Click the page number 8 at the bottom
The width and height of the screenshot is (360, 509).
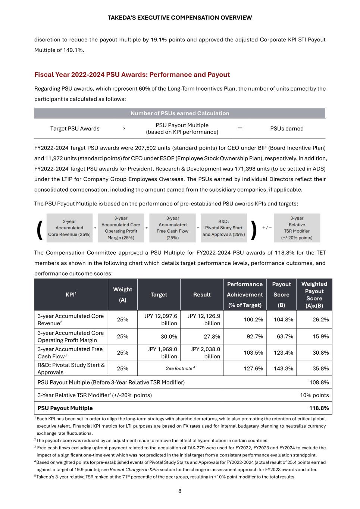pos(180,491)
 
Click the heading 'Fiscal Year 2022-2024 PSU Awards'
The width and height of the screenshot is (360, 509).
pos(132,75)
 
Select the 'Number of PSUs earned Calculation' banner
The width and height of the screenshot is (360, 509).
pos(180,113)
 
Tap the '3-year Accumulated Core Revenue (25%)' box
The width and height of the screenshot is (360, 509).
pos(69,228)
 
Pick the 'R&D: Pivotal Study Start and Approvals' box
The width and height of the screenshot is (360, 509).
pos(223,228)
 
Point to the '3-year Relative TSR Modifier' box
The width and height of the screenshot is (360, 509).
pos(297,228)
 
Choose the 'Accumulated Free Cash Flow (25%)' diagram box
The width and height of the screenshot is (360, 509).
pos(172,228)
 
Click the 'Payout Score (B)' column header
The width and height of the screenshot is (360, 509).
pos(281,295)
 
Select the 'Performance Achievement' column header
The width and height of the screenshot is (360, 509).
pos(245,295)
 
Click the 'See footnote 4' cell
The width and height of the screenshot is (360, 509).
pos(180,368)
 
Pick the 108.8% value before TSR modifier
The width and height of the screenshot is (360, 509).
pos(319,382)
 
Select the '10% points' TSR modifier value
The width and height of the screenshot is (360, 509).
pos(314,395)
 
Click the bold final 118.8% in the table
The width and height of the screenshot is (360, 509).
pos(319,408)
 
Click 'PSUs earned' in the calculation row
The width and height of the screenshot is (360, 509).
pos(287,129)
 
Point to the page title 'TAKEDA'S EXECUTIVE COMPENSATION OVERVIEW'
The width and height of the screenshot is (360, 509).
pos(180,18)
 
